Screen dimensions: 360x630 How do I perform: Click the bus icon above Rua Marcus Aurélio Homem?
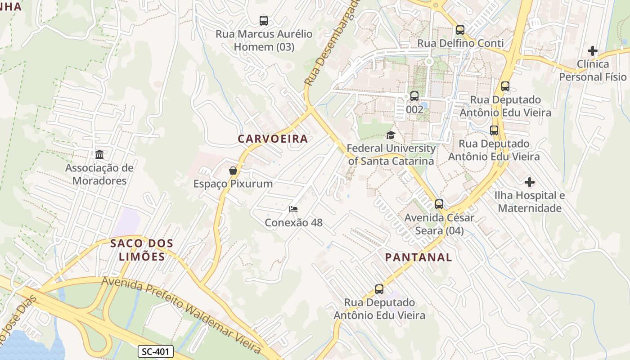(264, 20)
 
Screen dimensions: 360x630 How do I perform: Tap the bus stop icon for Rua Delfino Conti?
(460, 30)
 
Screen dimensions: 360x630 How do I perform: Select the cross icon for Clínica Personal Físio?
(593, 51)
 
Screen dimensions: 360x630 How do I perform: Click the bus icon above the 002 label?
(414, 96)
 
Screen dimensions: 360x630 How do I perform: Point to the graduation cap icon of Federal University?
(391, 135)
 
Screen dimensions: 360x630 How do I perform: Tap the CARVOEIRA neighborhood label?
(273, 139)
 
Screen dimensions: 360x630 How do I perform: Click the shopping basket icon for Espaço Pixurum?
(233, 171)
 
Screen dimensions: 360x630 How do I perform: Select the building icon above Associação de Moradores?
(99, 155)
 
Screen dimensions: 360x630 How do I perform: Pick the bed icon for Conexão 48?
(293, 209)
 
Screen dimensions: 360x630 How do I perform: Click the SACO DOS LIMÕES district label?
(142, 250)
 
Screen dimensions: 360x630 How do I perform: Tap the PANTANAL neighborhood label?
(418, 257)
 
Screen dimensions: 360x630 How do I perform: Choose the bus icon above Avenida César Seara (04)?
(439, 204)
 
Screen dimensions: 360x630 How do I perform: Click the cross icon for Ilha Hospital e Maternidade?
(530, 182)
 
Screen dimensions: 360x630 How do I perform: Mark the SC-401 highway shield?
(155, 351)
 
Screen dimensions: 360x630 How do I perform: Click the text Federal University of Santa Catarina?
(391, 154)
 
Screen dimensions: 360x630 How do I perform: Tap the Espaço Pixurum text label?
(233, 184)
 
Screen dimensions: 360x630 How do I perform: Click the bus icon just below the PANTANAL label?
(379, 289)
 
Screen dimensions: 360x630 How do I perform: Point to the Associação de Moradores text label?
(99, 174)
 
